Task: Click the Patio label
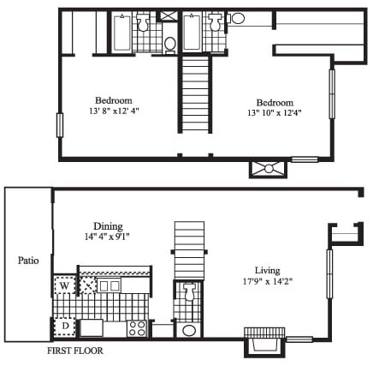pos(28,261)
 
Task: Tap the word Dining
pos(108,226)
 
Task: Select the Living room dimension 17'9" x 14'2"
pos(268,281)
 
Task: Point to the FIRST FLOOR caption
pos(75,351)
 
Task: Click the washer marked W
pos(64,285)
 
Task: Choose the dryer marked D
pos(65,326)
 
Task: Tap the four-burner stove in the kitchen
pos(137,328)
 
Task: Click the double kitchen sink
pos(110,285)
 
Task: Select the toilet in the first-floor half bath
pos(188,291)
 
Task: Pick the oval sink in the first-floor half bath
pos(188,331)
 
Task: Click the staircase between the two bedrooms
pos(195,94)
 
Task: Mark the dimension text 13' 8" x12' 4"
pos(114,111)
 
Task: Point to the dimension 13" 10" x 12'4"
pos(275,112)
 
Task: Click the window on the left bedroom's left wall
pos(60,125)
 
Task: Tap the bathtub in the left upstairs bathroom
pos(121,33)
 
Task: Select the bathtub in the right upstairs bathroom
pos(192,33)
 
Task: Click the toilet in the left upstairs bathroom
pos(143,22)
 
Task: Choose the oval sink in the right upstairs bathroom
pos(237,18)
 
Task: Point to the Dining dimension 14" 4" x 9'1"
pos(107,237)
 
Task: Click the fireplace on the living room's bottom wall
pos(264,341)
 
